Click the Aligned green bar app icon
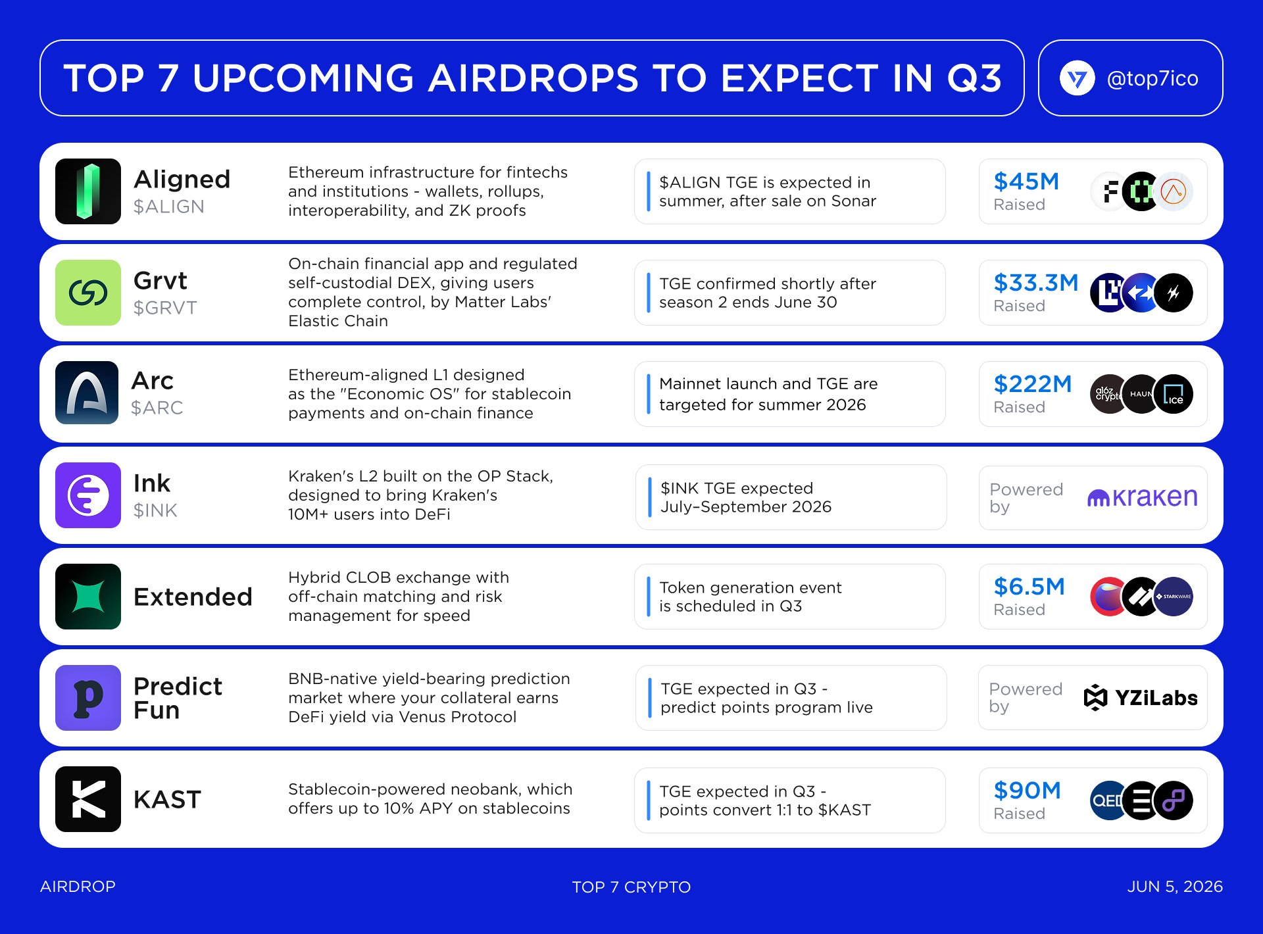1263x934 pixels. click(88, 191)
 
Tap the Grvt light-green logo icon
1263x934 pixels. click(88, 293)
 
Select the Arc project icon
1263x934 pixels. click(87, 393)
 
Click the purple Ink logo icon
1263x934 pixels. click(88, 495)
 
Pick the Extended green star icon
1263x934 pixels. click(88, 597)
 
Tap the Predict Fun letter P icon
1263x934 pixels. click(88, 698)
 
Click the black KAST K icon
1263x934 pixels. click(88, 799)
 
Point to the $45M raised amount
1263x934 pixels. click(1026, 181)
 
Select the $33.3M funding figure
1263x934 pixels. click(1036, 282)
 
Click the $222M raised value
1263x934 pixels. click(1033, 383)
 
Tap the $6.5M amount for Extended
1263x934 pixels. click(1029, 586)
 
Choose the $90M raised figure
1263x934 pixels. click(1028, 790)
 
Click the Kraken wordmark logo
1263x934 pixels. click(1143, 497)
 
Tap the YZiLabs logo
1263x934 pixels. click(1141, 698)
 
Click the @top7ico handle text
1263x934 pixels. click(1152, 78)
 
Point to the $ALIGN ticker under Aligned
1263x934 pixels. click(169, 207)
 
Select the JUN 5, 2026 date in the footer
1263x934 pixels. click(1175, 887)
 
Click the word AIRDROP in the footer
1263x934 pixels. click(78, 887)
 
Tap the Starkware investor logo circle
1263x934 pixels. click(1174, 597)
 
